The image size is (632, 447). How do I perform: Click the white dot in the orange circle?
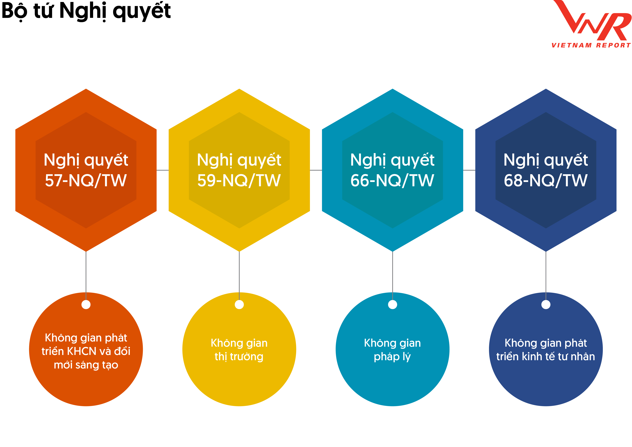pos(86,305)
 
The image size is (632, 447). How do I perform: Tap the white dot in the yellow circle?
pos(239,305)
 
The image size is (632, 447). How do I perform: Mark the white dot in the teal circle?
pos(392,305)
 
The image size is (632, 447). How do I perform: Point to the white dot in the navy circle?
pos(546,305)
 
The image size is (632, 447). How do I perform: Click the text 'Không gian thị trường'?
pos(239,350)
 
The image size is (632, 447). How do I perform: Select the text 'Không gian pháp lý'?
pos(392,350)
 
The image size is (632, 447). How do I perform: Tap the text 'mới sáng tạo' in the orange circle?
pos(86,365)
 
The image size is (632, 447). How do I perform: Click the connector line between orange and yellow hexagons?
pos(163,170)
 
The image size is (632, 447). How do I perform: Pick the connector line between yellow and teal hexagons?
pos(316,170)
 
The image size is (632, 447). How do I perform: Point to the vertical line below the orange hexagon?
pos(86,276)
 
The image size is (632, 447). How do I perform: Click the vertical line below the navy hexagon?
pos(546,276)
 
